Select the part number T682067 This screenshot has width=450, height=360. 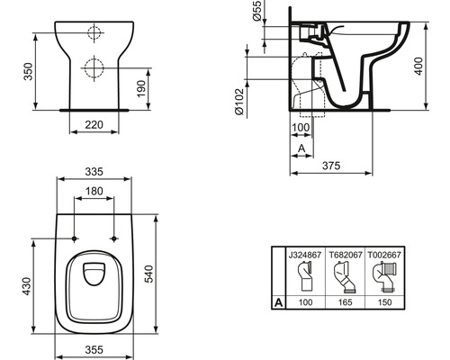click(346, 254)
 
